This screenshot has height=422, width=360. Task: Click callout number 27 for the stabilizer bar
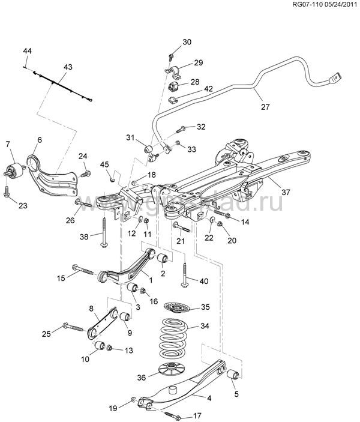click(x=265, y=107)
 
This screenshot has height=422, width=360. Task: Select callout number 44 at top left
click(x=27, y=50)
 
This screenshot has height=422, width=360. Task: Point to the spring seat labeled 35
click(x=177, y=307)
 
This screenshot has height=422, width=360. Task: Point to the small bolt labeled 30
click(x=172, y=57)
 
